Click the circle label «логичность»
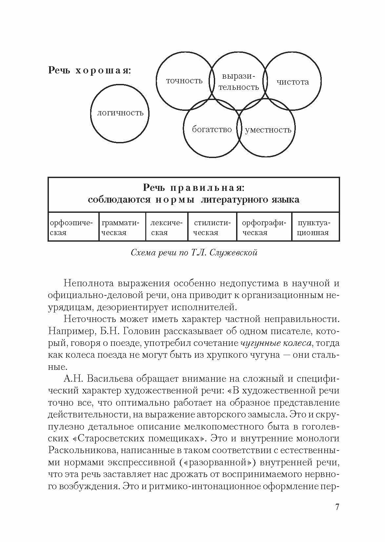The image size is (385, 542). tap(120, 113)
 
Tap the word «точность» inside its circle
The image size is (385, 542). tap(184, 81)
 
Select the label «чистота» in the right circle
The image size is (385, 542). tap(293, 82)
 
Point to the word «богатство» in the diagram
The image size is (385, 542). tap(212, 129)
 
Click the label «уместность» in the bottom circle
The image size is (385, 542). tap(268, 130)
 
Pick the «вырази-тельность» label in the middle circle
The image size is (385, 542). tap(238, 82)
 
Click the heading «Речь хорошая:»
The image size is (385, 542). tap(89, 70)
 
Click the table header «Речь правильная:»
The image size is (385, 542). tap(194, 188)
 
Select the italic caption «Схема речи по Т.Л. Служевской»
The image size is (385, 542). tap(193, 253)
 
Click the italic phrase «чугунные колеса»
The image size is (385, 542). tap(276, 343)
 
